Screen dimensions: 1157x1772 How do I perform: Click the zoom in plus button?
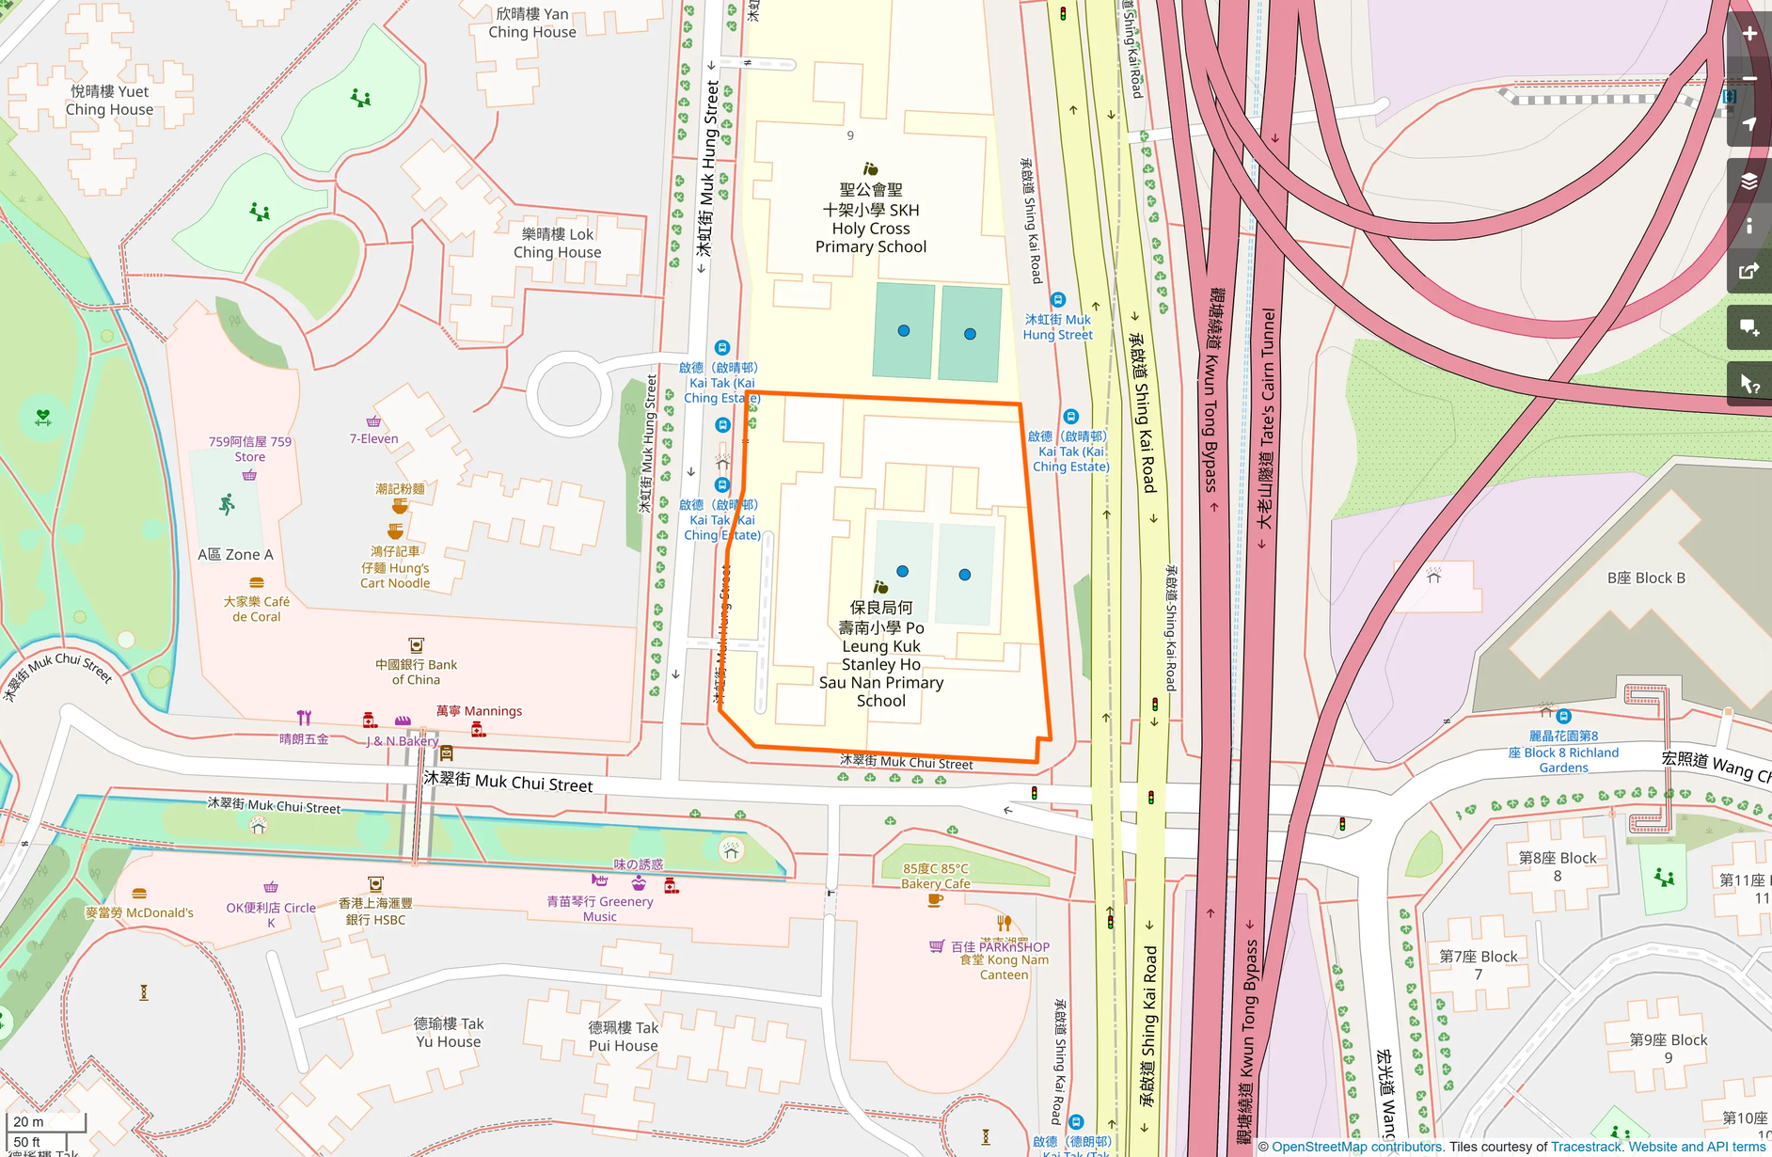click(x=1748, y=34)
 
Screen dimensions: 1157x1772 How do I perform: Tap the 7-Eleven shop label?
click(x=373, y=438)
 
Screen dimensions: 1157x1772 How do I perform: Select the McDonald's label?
click(x=139, y=912)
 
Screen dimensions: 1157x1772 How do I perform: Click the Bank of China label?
click(x=416, y=672)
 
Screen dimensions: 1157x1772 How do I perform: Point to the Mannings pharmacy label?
click(x=479, y=711)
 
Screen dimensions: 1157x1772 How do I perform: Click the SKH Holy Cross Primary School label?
click(x=871, y=218)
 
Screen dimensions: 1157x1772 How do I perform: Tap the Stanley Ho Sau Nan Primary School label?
click(x=881, y=654)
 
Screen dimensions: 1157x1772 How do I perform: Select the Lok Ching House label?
click(x=557, y=243)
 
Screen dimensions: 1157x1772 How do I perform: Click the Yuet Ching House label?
click(x=109, y=101)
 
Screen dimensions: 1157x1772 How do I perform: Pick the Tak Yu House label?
click(x=449, y=1032)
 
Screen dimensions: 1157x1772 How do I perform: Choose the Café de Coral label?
click(x=257, y=609)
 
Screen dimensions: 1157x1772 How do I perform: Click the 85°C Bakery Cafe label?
click(x=935, y=876)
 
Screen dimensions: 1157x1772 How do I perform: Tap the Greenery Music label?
click(x=600, y=908)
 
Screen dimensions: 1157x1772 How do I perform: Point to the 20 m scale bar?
click(x=45, y=1122)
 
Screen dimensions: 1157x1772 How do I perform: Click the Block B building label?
click(x=1646, y=578)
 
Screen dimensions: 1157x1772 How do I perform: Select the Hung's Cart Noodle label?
click(x=395, y=567)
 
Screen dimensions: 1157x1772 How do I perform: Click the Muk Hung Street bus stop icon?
click(x=1058, y=300)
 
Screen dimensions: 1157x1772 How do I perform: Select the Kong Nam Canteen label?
click(x=1004, y=967)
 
